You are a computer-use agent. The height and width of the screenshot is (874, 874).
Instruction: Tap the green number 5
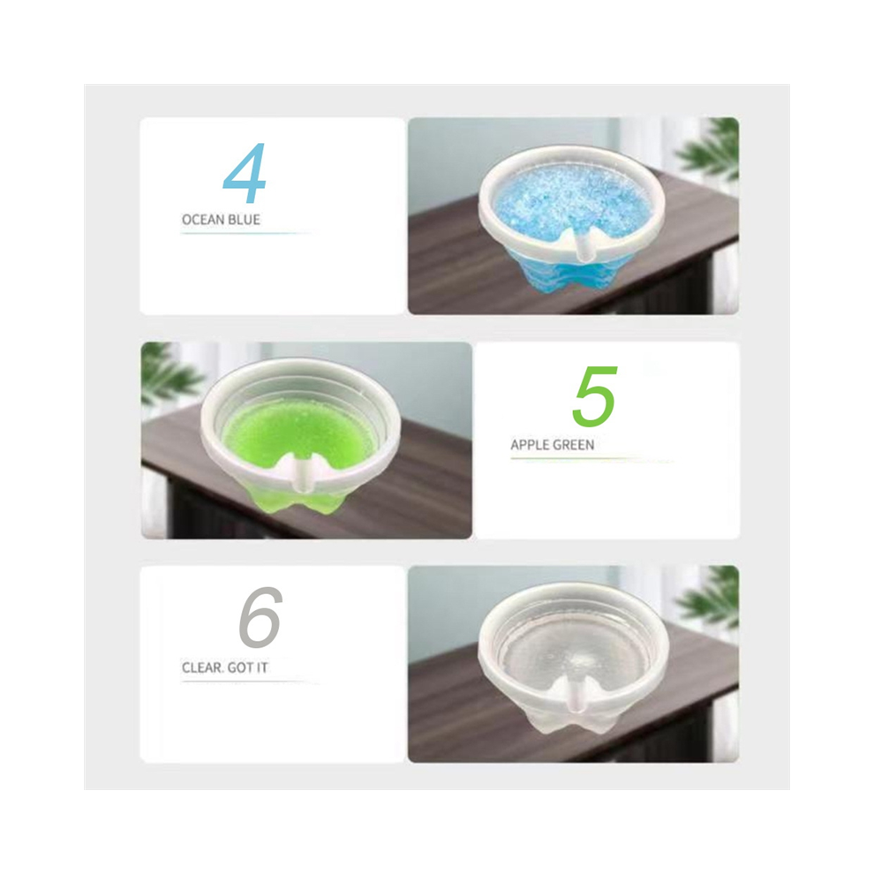(595, 396)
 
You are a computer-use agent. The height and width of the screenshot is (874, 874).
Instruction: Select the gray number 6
(260, 617)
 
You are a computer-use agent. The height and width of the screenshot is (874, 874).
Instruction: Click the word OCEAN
(203, 220)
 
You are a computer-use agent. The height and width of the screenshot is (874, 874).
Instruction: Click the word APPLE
(529, 445)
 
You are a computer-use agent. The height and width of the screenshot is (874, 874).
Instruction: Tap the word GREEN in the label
(573, 445)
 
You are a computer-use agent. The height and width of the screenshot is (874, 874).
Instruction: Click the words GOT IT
(247, 667)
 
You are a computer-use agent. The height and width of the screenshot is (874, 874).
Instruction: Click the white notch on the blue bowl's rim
(583, 246)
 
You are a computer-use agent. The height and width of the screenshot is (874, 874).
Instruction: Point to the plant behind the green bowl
(167, 373)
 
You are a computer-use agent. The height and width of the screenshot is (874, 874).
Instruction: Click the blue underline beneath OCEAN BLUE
(245, 233)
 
